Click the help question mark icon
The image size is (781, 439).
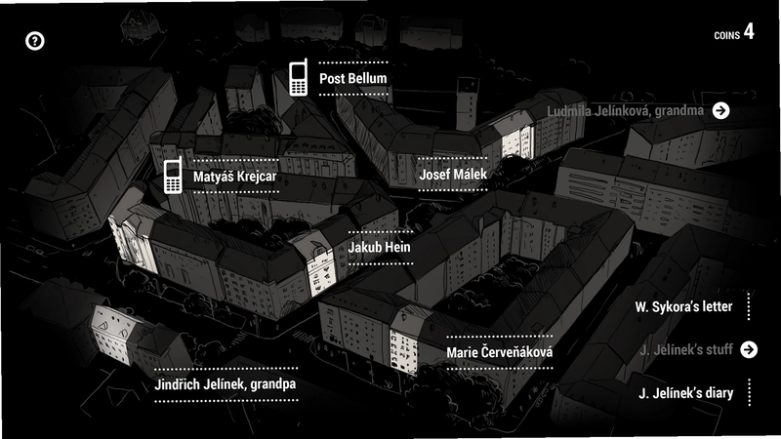[35, 41]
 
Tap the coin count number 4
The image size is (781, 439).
[749, 31]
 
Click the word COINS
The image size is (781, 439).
[726, 35]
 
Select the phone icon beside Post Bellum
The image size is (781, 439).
[298, 77]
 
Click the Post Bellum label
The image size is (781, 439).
[353, 78]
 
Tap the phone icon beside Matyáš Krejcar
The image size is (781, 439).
[173, 176]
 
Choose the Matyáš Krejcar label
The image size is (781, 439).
[234, 177]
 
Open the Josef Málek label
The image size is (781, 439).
[453, 175]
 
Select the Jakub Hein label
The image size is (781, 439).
[380, 247]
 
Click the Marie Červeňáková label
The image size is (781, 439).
[499, 352]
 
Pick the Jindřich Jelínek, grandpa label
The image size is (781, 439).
[226, 384]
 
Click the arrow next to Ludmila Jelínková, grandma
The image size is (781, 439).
[720, 110]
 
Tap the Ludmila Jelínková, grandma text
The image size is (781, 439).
[625, 111]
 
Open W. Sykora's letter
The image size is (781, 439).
[683, 306]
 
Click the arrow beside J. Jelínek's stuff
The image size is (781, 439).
[749, 349]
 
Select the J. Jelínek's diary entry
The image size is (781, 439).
[686, 393]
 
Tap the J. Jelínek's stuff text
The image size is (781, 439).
[686, 349]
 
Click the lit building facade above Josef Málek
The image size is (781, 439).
[518, 140]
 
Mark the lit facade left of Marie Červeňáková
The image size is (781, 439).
[403, 349]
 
